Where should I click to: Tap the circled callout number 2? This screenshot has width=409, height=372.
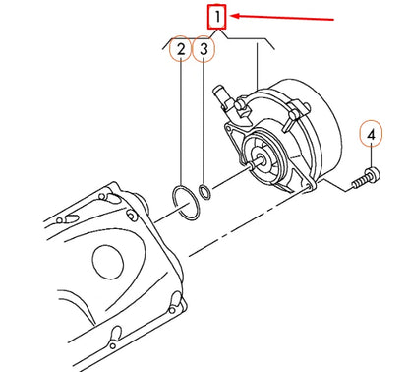click(x=179, y=49)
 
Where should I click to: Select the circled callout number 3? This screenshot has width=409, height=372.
click(x=203, y=49)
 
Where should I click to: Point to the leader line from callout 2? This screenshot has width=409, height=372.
click(x=179, y=118)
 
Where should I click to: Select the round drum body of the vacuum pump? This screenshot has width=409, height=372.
click(x=295, y=138)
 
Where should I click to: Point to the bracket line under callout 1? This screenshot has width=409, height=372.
click(x=216, y=38)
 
